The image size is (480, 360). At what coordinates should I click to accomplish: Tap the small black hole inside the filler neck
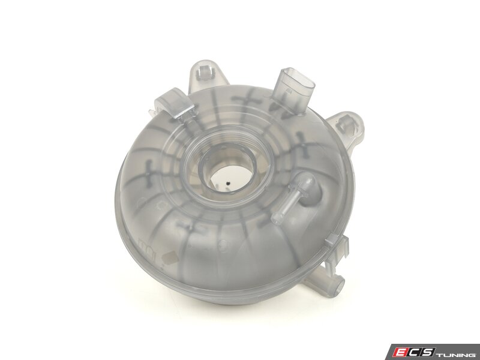click(x=228, y=184)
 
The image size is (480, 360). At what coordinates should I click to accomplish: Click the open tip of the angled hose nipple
click(x=276, y=218)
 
